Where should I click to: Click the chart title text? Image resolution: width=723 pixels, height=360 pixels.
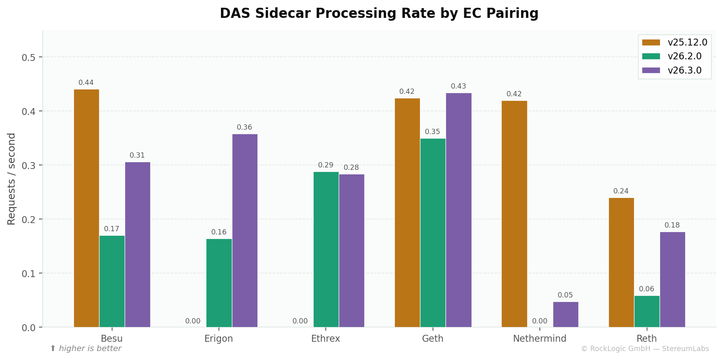point(379,13)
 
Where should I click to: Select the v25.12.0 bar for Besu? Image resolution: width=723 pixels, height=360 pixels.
point(86,208)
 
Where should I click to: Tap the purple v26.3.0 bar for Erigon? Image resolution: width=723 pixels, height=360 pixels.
point(245,230)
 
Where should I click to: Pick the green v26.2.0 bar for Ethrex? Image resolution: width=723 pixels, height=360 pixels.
point(326,249)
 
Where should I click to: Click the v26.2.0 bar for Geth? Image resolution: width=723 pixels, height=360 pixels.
point(433,232)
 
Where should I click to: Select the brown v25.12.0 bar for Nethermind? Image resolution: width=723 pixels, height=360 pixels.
point(514,214)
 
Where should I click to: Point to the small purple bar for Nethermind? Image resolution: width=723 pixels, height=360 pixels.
point(565,314)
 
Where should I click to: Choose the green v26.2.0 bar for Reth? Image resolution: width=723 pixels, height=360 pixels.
point(647,311)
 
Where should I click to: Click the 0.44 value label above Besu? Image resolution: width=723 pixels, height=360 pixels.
point(86,83)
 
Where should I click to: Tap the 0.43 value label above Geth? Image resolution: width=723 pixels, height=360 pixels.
point(458,87)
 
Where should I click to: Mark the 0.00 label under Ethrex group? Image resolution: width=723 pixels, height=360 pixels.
point(300,321)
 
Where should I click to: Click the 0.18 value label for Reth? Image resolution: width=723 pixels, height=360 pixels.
point(672,226)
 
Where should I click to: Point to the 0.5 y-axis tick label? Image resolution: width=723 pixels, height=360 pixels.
point(28,57)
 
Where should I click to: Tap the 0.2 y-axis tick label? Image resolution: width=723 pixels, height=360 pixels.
point(28,219)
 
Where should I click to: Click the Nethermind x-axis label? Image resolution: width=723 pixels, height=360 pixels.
point(539,338)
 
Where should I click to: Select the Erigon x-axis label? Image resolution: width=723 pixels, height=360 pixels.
point(219,338)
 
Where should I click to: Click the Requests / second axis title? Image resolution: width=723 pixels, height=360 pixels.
point(11,179)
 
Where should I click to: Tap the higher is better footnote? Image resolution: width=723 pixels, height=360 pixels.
point(86,349)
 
